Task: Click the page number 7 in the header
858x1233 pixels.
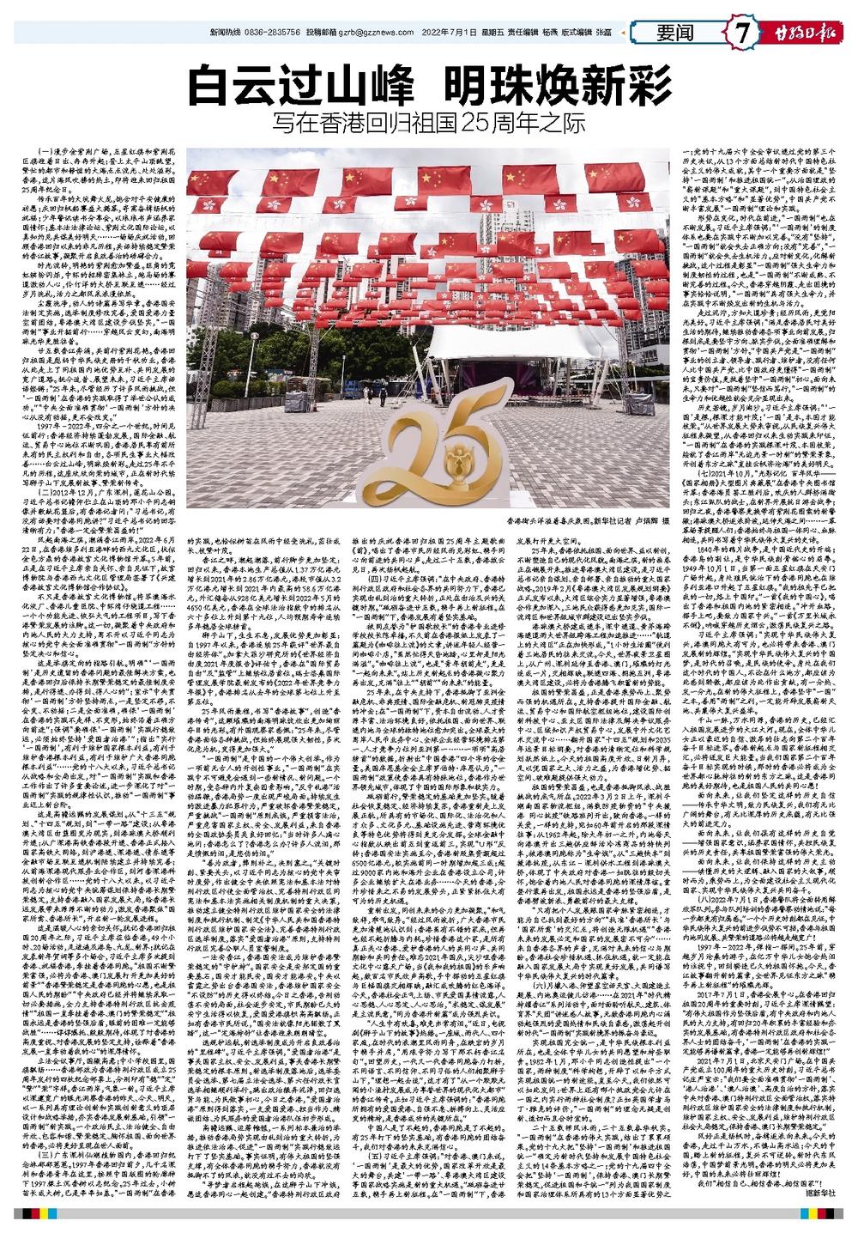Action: pos(740,33)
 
